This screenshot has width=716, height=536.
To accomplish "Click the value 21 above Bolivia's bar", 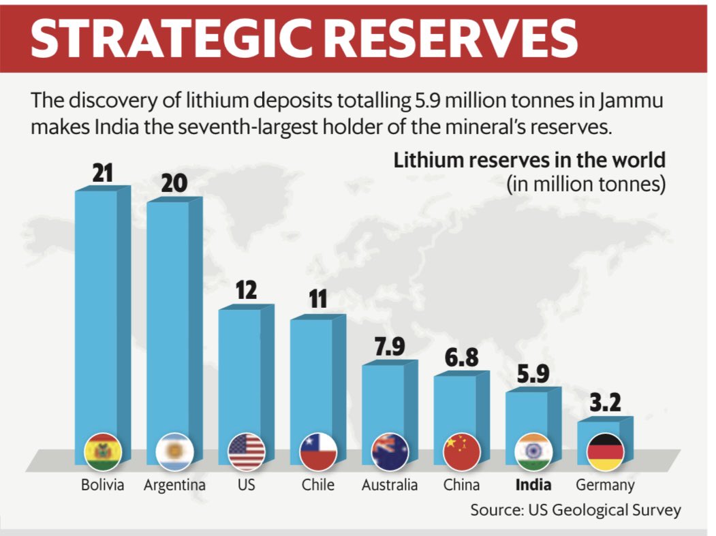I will [x=102, y=174].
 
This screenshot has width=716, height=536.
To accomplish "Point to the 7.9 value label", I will [x=389, y=347].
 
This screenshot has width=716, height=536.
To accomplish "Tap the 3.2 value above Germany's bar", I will [x=605, y=403].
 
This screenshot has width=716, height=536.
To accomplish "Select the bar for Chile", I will [x=311, y=375].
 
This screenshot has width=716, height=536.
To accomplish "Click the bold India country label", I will [x=533, y=486].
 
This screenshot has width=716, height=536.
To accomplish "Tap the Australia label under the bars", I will [x=390, y=486].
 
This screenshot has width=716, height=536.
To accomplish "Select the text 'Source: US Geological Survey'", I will [x=575, y=510].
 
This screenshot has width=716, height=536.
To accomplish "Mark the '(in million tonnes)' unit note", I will [x=586, y=185].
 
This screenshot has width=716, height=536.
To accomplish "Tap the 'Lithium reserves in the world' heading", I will [x=529, y=161].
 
